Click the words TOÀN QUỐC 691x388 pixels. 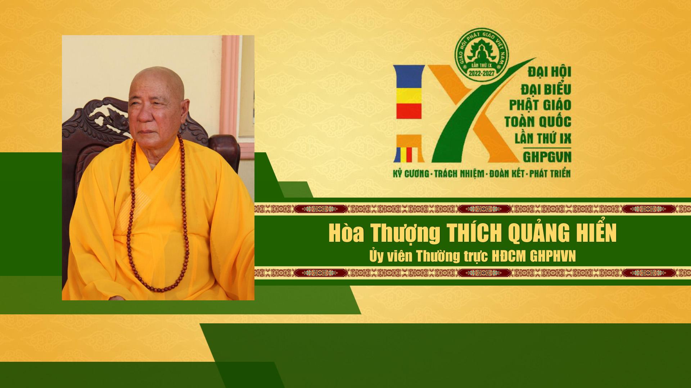tap(538, 122)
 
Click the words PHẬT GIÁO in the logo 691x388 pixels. tap(539, 105)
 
